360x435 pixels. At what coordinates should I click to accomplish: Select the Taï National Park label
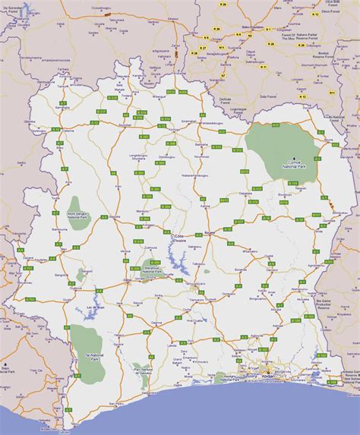82,353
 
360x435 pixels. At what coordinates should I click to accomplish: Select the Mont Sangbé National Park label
77,216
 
